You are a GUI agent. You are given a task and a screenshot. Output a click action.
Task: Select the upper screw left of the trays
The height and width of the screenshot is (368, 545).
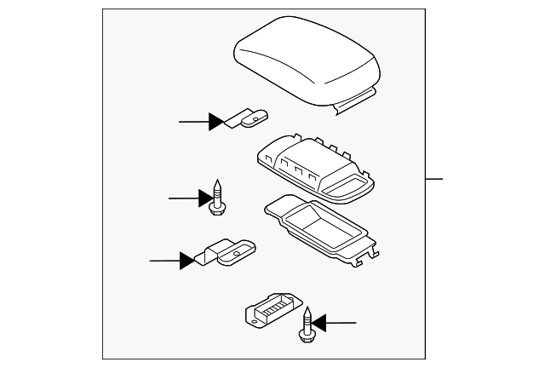coord(216,197)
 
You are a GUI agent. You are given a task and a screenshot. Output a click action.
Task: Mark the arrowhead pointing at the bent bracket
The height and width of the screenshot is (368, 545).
coord(186,260)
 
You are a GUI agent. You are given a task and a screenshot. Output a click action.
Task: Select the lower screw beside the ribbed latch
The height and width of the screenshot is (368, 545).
coord(307,324)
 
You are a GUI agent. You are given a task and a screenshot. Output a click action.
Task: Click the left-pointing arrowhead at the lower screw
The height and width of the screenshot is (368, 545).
coord(319,323)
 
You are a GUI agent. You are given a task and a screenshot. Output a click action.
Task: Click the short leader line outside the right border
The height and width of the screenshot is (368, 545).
coord(435,179)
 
